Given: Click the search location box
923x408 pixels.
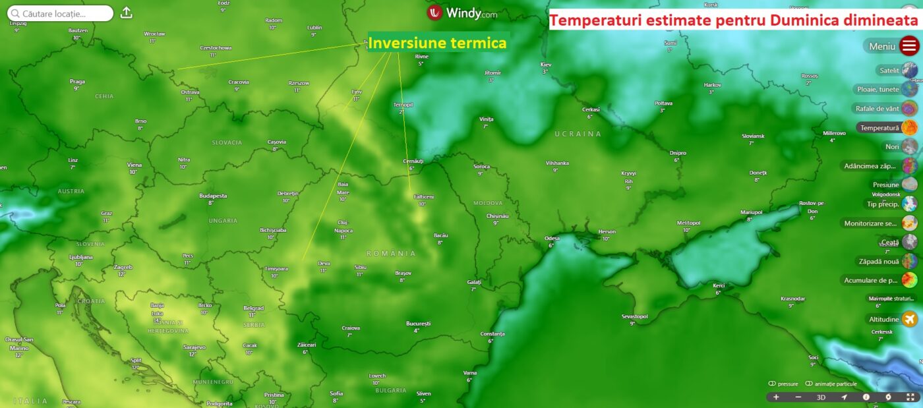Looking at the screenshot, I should tap(60, 13).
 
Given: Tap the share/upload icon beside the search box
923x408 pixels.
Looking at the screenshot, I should tap(127, 13).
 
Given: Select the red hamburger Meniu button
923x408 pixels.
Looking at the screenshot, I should tap(909, 46).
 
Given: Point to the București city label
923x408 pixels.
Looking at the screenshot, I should tap(418, 324).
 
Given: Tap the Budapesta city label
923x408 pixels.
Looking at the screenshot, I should tap(213, 196).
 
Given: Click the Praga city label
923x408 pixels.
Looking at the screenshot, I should tap(77, 82).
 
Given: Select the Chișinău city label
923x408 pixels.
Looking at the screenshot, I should tap(497, 216).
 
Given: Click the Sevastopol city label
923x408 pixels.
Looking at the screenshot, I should tap(634, 316).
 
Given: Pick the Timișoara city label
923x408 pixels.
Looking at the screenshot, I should tap(276, 269).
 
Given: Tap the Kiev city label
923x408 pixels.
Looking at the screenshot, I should tap(545, 65).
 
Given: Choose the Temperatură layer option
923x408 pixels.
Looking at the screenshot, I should tap(878, 127).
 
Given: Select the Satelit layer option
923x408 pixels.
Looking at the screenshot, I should tap(889, 70).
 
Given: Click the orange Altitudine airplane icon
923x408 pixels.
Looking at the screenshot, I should tap(910, 319).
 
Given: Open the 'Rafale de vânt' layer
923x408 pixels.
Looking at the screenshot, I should tap(878, 108).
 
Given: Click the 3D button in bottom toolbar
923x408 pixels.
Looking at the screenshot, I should tap(821, 397).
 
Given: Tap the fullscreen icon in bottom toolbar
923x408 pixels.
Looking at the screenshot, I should tap(910, 397).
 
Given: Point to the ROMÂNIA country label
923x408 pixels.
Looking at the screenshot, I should tap(392, 254).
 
